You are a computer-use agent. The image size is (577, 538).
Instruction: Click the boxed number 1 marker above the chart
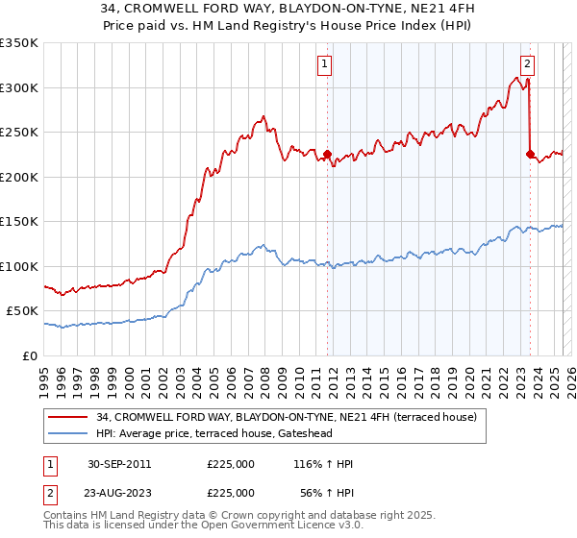click(x=325, y=64)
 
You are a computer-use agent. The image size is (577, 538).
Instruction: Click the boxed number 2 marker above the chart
click(x=528, y=64)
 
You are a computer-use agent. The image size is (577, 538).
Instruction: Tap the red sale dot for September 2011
click(x=327, y=154)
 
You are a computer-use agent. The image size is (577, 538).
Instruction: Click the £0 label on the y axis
click(x=30, y=355)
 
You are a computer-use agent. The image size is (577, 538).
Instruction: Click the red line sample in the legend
click(x=69, y=417)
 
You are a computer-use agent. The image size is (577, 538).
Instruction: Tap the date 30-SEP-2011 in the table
click(x=119, y=464)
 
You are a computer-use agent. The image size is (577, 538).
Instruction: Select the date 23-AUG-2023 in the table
click(x=119, y=492)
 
